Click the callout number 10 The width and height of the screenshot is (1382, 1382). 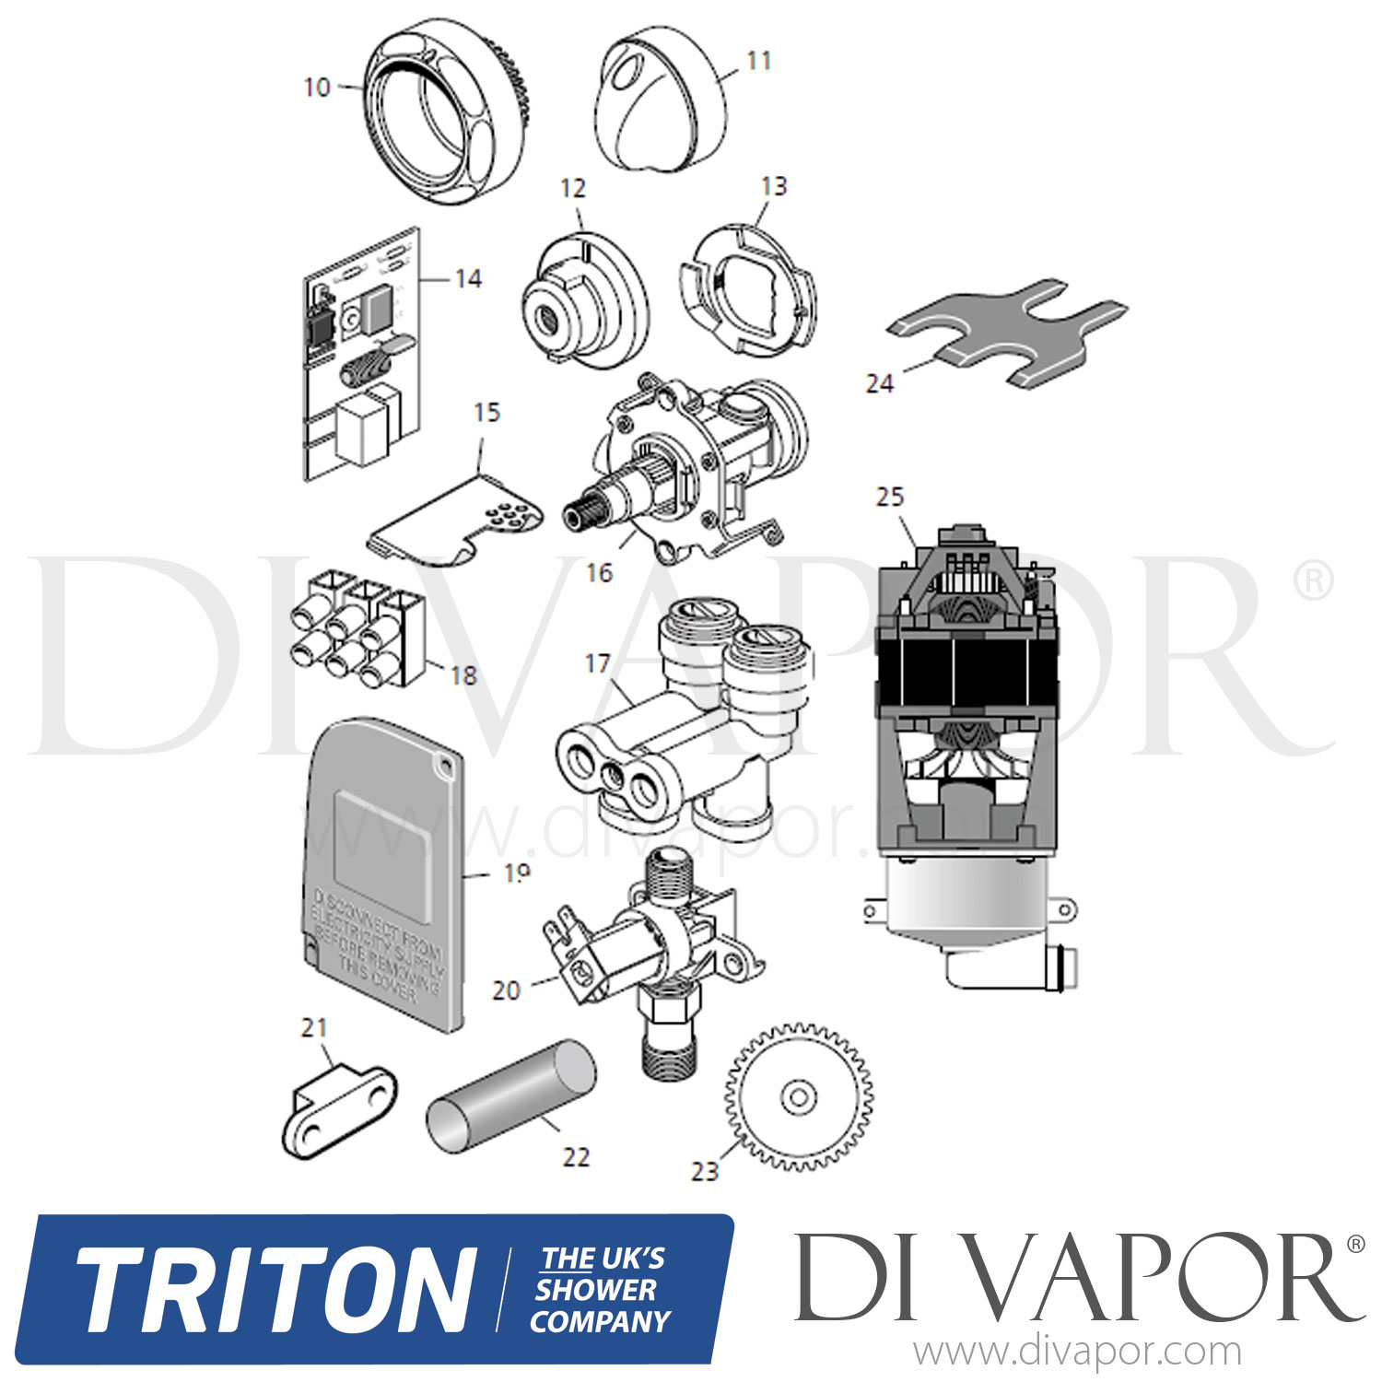(317, 88)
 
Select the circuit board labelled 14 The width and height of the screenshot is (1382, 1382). (359, 359)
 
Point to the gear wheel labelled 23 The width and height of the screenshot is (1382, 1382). (798, 1096)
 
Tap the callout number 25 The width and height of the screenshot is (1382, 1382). (890, 498)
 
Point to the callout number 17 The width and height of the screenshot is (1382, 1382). (598, 663)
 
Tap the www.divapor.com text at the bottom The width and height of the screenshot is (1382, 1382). (1077, 1353)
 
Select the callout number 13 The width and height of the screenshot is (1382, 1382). (774, 186)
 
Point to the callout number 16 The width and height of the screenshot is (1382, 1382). (599, 573)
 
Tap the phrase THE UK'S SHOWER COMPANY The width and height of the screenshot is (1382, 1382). (601, 1290)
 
